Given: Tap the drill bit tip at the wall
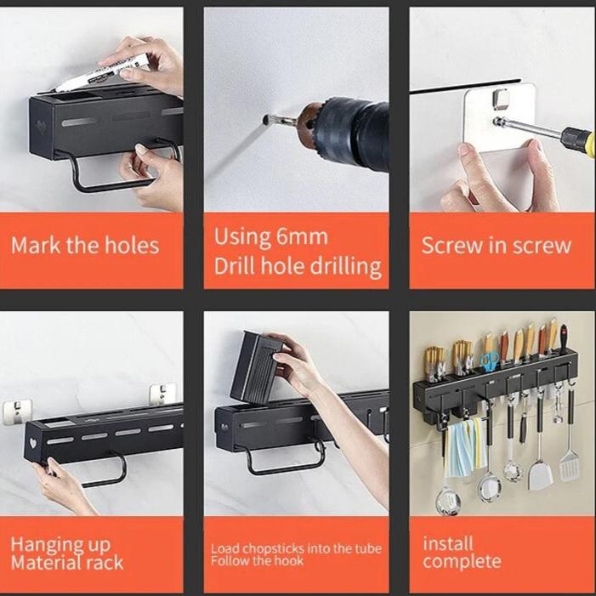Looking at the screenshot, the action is point(265,120).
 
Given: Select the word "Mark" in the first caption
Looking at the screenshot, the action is point(36,246).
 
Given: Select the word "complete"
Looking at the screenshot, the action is point(462,561).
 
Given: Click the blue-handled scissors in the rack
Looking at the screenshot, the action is point(488,361).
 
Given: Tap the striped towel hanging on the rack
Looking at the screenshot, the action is point(465,447).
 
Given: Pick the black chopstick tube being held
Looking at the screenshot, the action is point(255,366).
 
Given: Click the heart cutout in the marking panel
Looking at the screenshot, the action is point(41,127).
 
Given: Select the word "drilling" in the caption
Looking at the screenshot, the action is point(345,267).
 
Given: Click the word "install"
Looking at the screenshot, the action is point(448,543).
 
